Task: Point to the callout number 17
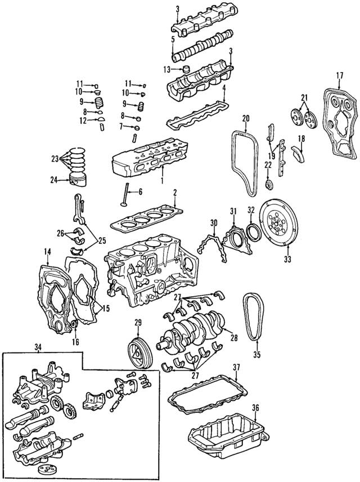tap(339, 75)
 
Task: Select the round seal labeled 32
tap(253, 231)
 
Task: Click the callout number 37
tap(236, 367)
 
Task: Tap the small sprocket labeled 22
tap(268, 185)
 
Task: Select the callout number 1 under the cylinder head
tap(161, 182)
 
